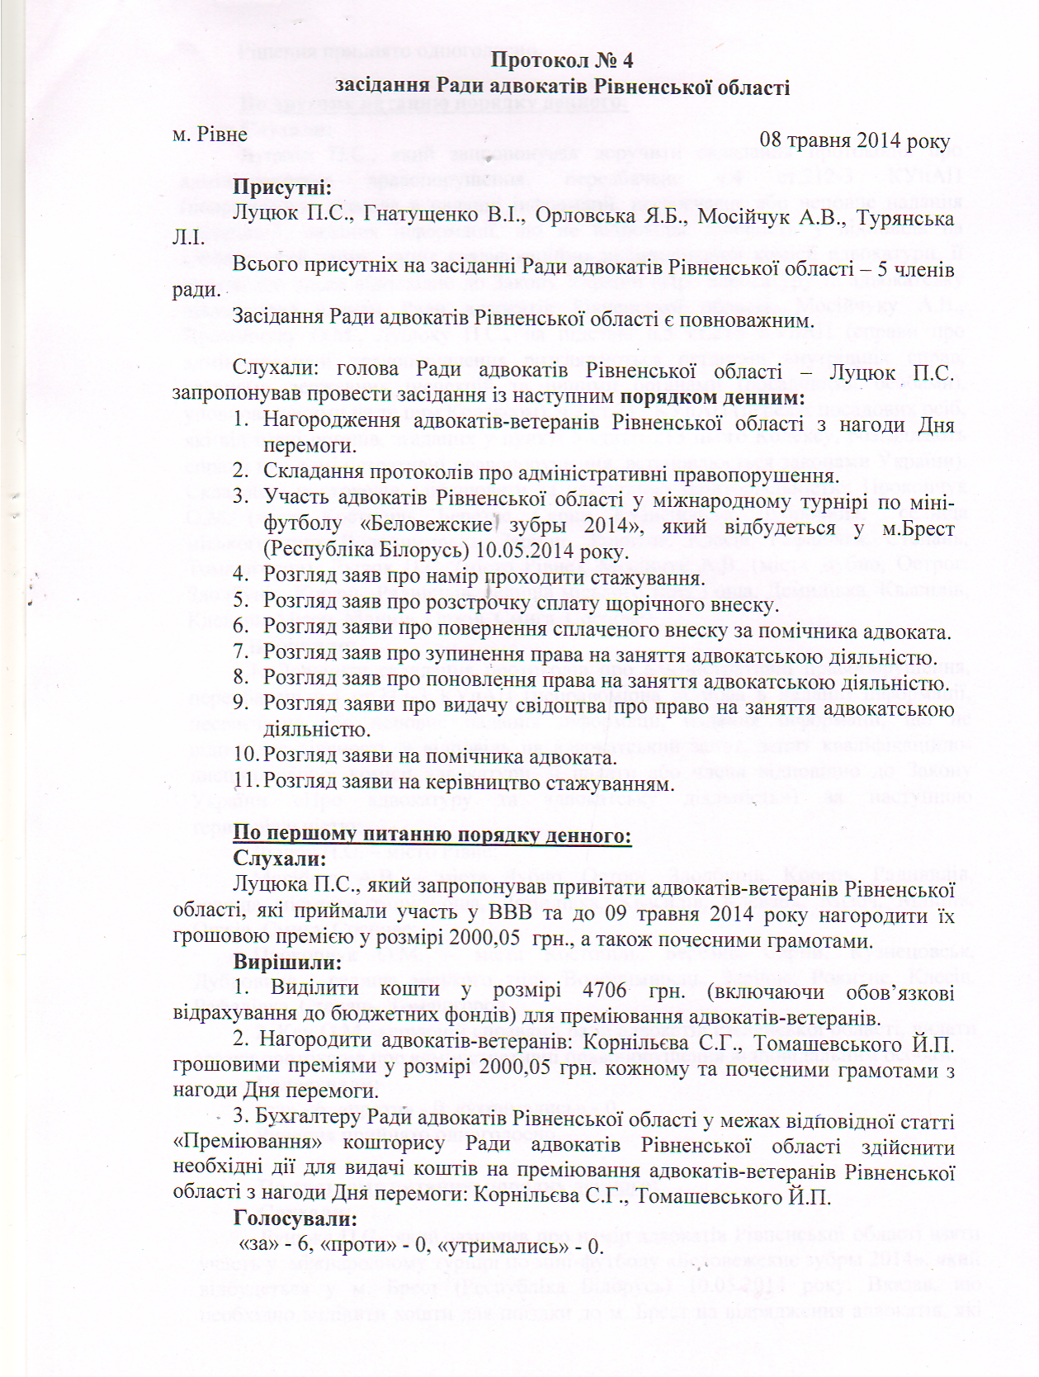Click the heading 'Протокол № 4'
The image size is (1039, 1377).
(562, 60)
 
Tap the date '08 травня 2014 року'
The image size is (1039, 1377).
(854, 140)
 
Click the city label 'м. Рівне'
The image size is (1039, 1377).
(210, 135)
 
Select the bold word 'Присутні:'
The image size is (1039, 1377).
(282, 188)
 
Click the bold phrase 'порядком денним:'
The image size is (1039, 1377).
(712, 396)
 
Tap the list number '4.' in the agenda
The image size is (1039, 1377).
(240, 576)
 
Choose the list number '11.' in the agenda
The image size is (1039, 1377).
(244, 781)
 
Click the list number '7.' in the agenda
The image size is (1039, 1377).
(240, 657)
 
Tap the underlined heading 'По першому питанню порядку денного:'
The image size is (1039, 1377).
(432, 835)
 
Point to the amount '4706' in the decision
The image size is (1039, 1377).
(610, 990)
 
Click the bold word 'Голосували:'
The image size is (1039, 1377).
(295, 1218)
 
